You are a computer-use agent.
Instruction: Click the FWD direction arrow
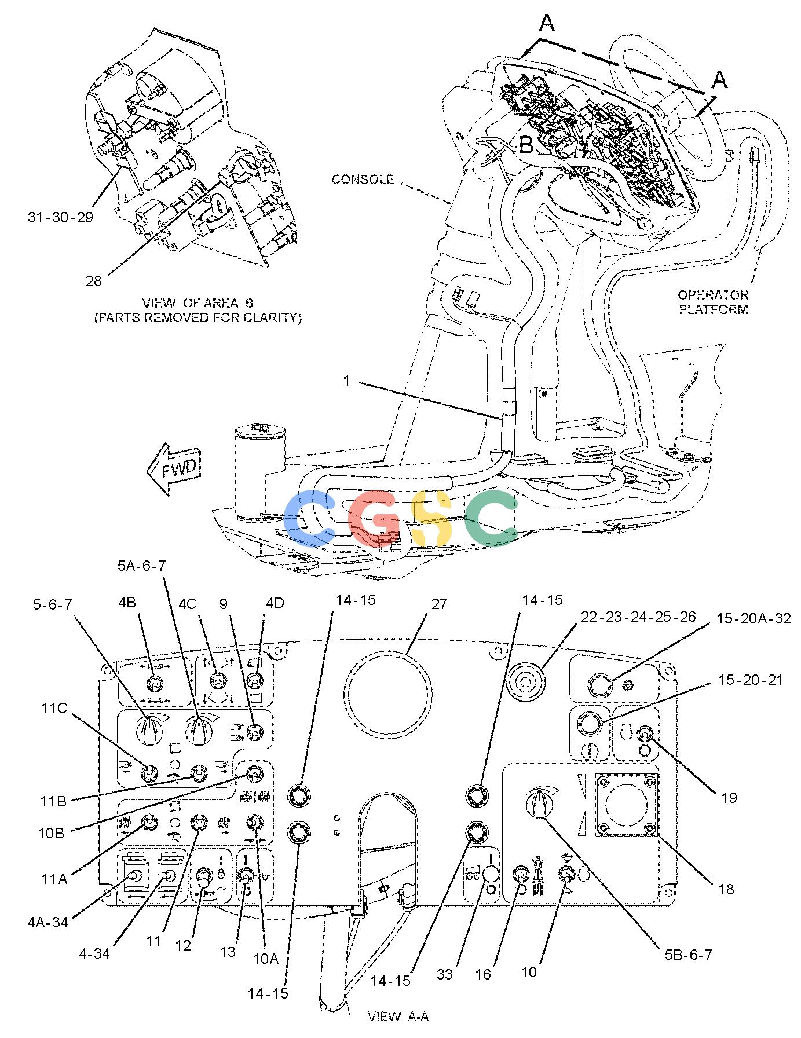[x=174, y=469]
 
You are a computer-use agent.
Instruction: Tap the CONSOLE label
[x=363, y=179]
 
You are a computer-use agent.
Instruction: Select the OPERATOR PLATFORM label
[x=714, y=302]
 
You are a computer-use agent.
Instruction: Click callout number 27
[x=439, y=604]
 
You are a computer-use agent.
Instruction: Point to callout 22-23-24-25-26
[x=638, y=617]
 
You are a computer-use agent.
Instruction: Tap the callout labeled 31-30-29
[x=60, y=217]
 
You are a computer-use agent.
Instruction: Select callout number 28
[x=93, y=281]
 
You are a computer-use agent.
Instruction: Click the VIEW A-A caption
[x=398, y=1016]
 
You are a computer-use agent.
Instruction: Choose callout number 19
[x=729, y=797]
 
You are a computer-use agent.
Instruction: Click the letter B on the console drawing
[x=526, y=144]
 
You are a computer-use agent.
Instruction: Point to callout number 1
[x=347, y=382]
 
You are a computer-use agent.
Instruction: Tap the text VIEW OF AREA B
[x=197, y=303]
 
